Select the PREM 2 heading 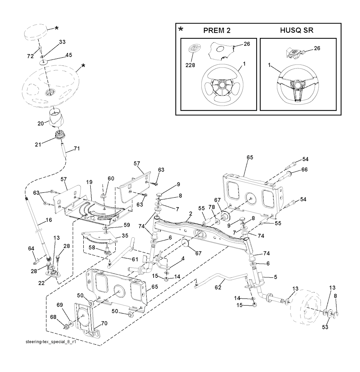pyautogui.click(x=217, y=31)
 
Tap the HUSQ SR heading pyautogui.click(x=297, y=31)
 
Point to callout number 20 pyautogui.click(x=40, y=123)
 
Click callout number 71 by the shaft pyautogui.click(x=77, y=149)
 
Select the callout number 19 pyautogui.click(x=89, y=182)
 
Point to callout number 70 pyautogui.click(x=104, y=323)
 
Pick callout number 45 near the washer pyautogui.click(x=69, y=55)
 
